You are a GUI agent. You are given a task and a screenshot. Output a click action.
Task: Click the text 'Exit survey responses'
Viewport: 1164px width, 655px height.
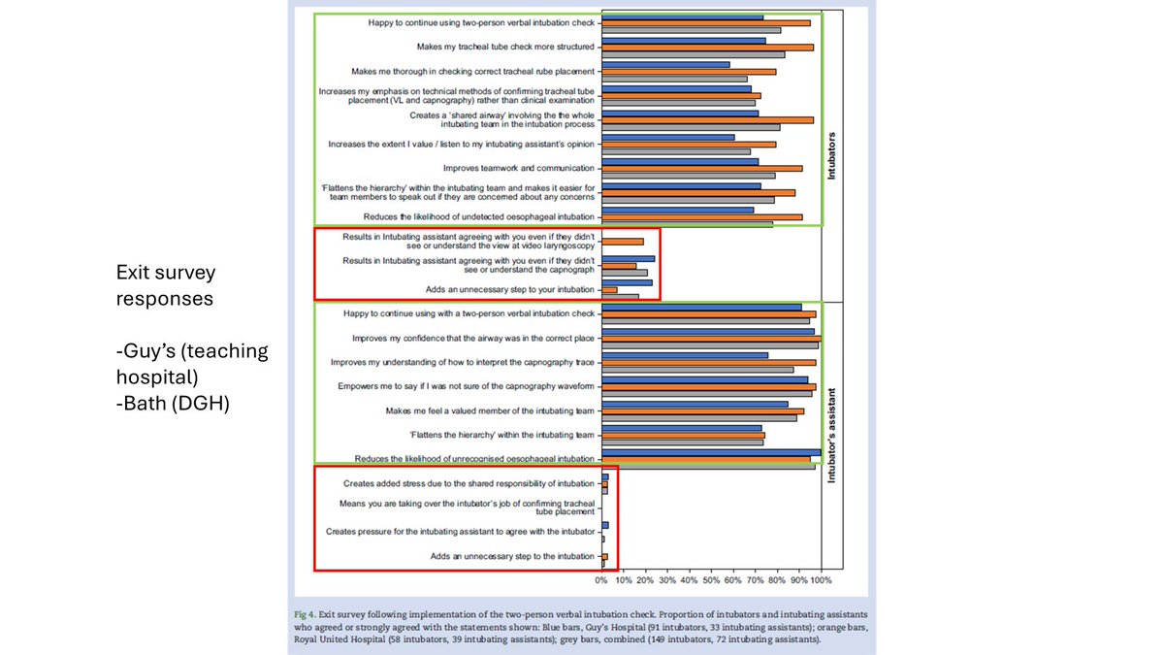click(164, 285)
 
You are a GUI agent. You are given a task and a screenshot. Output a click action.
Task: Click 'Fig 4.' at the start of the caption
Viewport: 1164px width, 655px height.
click(309, 616)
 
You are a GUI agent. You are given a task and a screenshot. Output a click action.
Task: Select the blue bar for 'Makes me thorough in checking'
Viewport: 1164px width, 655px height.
click(665, 64)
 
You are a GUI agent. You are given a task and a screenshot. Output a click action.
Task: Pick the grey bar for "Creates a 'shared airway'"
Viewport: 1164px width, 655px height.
click(691, 127)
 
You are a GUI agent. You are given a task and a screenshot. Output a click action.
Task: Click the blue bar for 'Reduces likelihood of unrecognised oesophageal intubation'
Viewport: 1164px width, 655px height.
click(711, 451)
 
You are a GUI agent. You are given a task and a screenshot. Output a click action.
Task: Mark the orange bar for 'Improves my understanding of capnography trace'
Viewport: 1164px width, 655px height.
click(708, 362)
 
